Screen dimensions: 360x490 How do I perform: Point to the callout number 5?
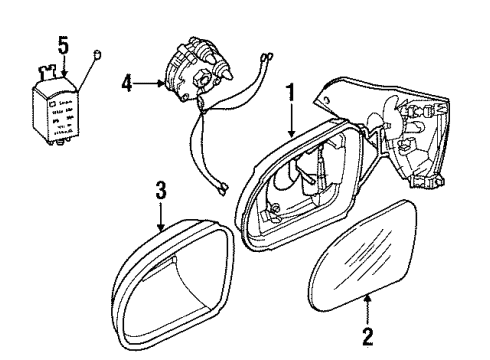[63, 44]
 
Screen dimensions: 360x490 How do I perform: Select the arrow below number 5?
[63, 65]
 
